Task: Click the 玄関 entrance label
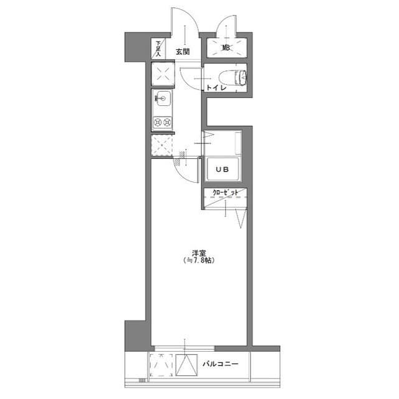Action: coord(183,52)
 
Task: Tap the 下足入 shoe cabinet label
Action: coord(158,49)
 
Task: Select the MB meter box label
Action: coord(226,47)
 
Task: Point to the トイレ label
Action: coord(216,87)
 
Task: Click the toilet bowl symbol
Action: coord(233,77)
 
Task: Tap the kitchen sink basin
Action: coord(163,99)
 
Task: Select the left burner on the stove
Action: coord(158,123)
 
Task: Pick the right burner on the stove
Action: coord(167,123)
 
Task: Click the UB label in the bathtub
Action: coord(222,169)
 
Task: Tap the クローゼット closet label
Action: coord(226,193)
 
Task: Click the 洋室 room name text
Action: coord(199,253)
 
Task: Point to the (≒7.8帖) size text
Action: coord(199,261)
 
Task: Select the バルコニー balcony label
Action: coord(220,364)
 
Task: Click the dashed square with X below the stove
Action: coord(162,145)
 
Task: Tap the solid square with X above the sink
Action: coord(163,74)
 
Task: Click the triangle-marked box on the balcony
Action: coord(187,365)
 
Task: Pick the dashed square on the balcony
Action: coord(161,365)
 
